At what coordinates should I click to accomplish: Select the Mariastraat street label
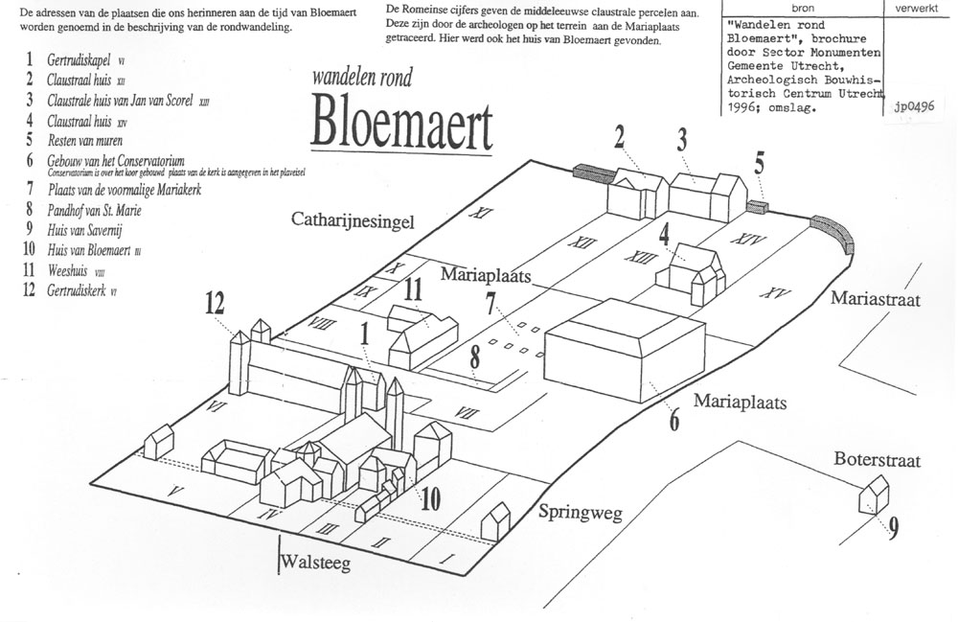(875, 300)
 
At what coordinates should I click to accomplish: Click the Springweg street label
(580, 512)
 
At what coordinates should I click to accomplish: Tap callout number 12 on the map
(215, 305)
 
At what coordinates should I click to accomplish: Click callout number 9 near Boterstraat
(893, 528)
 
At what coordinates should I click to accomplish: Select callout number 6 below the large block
(674, 418)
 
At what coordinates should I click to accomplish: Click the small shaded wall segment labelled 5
(757, 207)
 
